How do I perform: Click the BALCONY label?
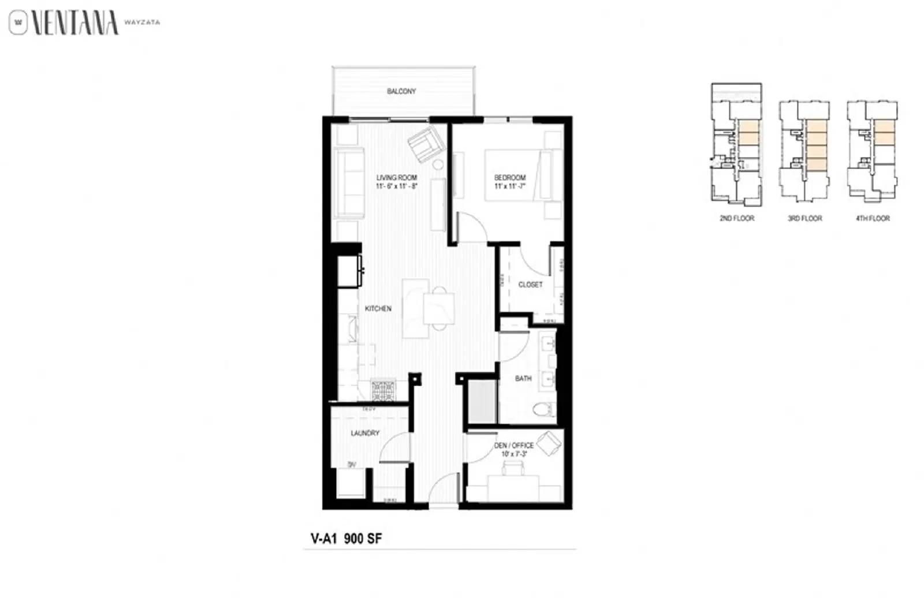pyautogui.click(x=401, y=91)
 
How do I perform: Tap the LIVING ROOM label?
pyautogui.click(x=396, y=178)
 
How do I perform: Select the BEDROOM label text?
pyautogui.click(x=510, y=178)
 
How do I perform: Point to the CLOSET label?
pyautogui.click(x=530, y=285)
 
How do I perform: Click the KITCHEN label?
pyautogui.click(x=378, y=309)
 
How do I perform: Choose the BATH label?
pyautogui.click(x=523, y=379)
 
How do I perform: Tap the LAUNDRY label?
pyautogui.click(x=365, y=433)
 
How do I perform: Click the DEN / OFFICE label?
pyautogui.click(x=513, y=446)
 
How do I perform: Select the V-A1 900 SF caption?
pyautogui.click(x=346, y=539)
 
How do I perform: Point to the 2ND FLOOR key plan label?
pyautogui.click(x=736, y=218)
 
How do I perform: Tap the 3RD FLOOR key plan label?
pyautogui.click(x=804, y=218)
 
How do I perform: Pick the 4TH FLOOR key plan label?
pyautogui.click(x=873, y=218)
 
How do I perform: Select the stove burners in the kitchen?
pyautogui.click(x=383, y=391)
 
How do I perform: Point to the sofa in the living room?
pyautogui.click(x=348, y=183)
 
